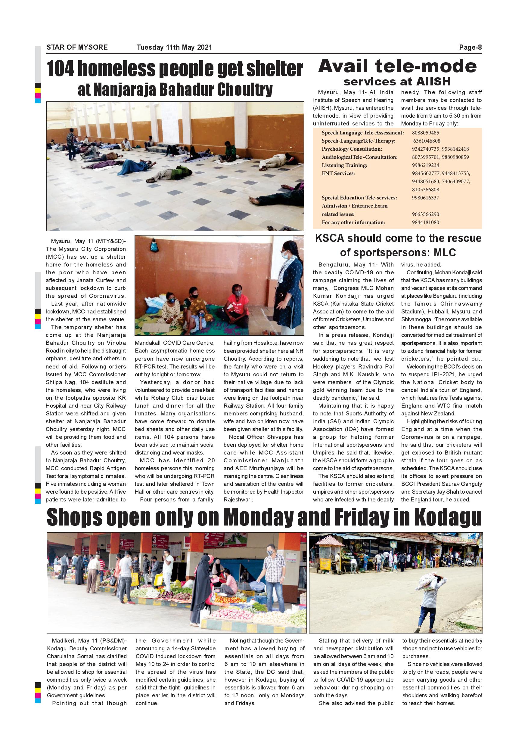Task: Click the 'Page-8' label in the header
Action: click(x=470, y=48)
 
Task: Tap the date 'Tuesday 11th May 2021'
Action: click(x=174, y=48)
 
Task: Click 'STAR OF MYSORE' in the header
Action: click(x=77, y=48)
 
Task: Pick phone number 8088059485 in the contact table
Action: click(x=425, y=133)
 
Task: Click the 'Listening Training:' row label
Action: click(x=344, y=165)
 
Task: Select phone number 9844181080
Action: click(x=425, y=222)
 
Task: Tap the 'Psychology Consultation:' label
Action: click(x=352, y=149)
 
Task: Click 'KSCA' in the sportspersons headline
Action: click(x=329, y=238)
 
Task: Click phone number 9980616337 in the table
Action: click(x=425, y=198)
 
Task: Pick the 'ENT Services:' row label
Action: click(x=338, y=173)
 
